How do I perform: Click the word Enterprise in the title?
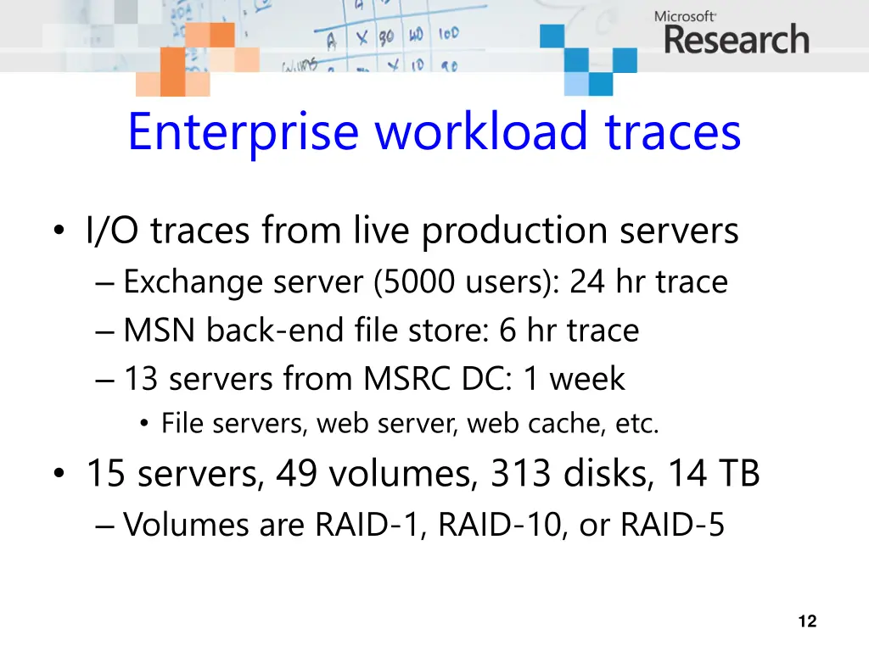(244, 132)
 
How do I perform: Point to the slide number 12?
(807, 622)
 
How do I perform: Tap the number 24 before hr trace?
(587, 282)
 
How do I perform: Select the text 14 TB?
(713, 474)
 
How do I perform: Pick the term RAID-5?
(672, 525)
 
